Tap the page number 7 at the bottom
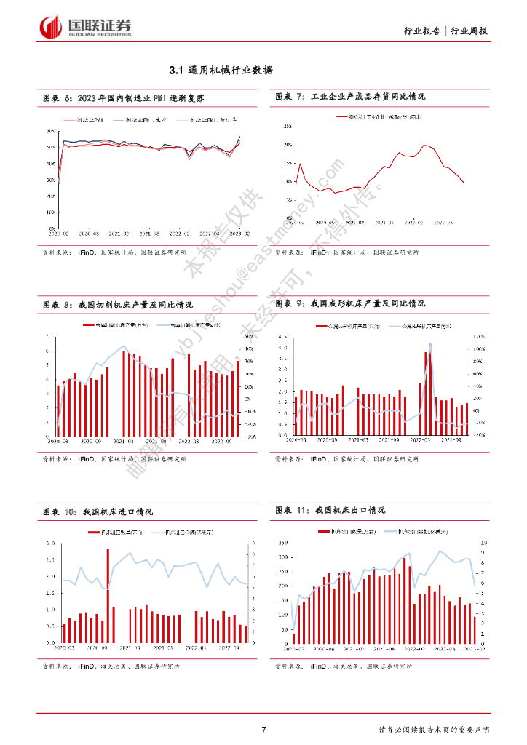tap(263, 730)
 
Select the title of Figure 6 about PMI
tap(127, 97)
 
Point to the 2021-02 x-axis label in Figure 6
tap(119, 233)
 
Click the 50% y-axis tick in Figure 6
tap(51, 147)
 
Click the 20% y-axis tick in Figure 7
tap(288, 145)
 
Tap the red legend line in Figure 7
tap(343, 116)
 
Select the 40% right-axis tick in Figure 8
tap(248, 349)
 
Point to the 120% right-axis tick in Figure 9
tap(479, 337)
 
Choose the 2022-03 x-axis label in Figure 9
tap(420, 440)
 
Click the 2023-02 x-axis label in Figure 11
tap(472, 648)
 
